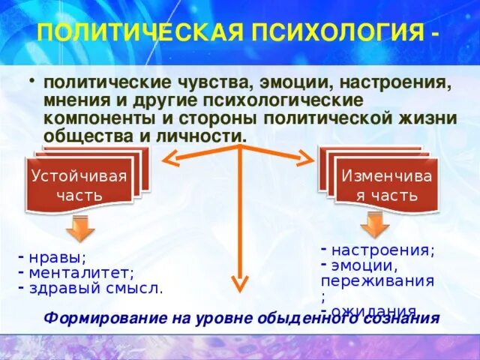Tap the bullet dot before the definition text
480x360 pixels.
(32, 80)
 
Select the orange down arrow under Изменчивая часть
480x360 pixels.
(373, 224)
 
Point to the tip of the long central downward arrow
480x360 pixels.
(239, 286)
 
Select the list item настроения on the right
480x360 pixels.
(382, 250)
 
